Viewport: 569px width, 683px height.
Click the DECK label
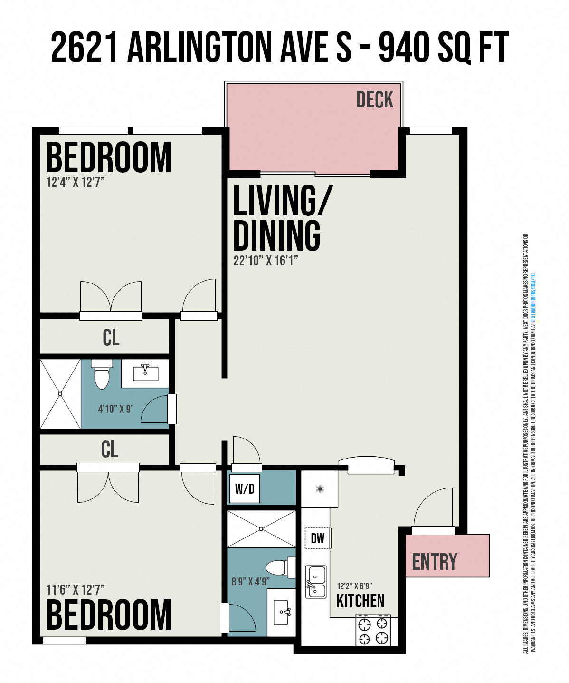(374, 100)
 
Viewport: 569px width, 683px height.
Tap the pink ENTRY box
(447, 556)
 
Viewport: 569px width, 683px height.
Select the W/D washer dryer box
(245, 488)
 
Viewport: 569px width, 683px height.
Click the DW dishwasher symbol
(317, 538)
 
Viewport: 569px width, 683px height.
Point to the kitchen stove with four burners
(373, 630)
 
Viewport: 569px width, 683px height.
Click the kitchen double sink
(316, 582)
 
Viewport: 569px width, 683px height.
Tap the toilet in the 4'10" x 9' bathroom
(102, 374)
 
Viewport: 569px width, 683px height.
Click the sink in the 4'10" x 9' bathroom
(145, 372)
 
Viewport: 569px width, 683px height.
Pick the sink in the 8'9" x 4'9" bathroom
(283, 613)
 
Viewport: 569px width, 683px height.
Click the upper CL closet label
(111, 337)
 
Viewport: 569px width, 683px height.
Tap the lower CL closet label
(110, 449)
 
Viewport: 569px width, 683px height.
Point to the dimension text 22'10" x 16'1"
(266, 261)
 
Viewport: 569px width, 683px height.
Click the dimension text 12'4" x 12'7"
(76, 182)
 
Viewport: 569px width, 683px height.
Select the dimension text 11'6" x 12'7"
(76, 590)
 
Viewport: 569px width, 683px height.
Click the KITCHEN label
(360, 601)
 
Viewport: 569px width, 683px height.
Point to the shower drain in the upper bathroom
(60, 394)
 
